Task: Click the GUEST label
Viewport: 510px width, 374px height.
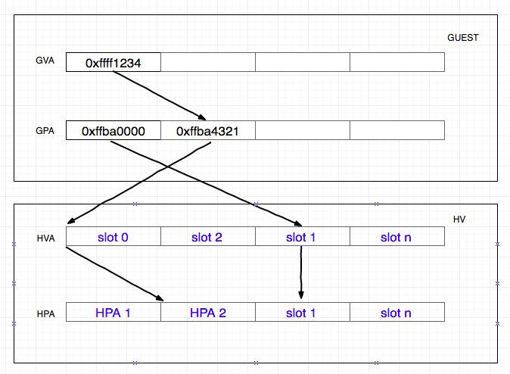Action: [x=462, y=37]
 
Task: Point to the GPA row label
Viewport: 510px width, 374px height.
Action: [x=45, y=130]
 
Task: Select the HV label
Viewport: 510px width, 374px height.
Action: [x=459, y=220]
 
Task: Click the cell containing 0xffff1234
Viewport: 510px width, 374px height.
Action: [x=114, y=63]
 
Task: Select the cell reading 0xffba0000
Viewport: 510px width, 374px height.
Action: [x=114, y=131]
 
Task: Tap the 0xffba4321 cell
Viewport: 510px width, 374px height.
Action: [x=207, y=131]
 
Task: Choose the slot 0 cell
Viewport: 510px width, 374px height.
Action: [x=114, y=237]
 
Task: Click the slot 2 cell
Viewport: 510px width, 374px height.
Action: [x=207, y=237]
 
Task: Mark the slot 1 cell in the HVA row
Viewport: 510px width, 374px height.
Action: [x=302, y=237]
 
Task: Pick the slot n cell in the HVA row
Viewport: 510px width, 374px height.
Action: [x=396, y=237]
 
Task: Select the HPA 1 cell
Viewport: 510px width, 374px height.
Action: [x=114, y=312]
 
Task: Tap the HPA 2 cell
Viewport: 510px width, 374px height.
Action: [x=207, y=312]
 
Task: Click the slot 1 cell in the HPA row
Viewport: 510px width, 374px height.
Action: [x=302, y=312]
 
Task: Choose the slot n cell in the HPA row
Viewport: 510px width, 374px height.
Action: [x=396, y=312]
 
